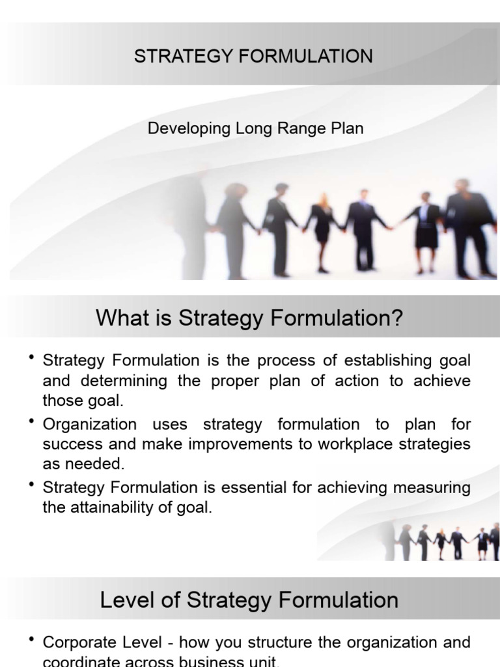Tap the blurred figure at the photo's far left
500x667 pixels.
pyautogui.click(x=189, y=221)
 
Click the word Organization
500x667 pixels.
pyautogui.click(x=90, y=424)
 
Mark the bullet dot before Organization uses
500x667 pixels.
pyautogui.click(x=31, y=423)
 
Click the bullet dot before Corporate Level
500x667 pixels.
pyautogui.click(x=31, y=642)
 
